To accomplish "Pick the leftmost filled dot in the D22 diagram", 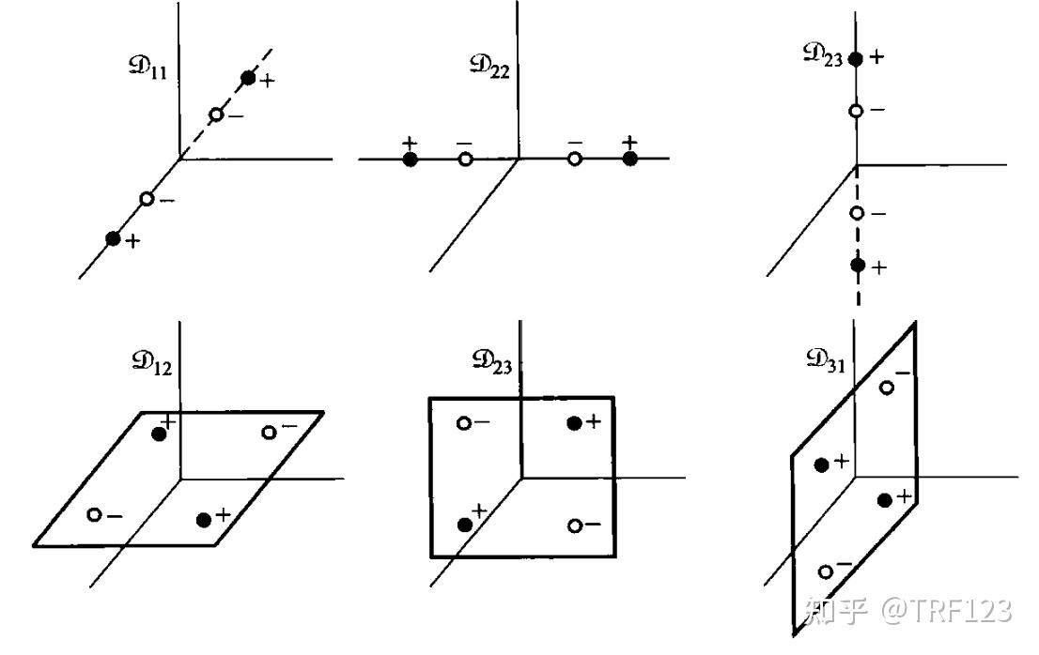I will coord(410,160).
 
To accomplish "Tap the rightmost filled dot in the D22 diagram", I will coord(630,159).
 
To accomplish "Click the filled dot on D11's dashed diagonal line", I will coord(248,78).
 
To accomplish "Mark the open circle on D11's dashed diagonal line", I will coord(215,114).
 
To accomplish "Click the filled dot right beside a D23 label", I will coord(855,59).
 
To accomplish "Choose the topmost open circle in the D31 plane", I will coord(886,387).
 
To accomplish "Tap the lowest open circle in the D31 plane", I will coord(826,571).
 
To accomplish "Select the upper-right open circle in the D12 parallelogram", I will coord(270,432).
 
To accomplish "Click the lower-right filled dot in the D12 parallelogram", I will coord(204,519).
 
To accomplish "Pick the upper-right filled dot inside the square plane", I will coord(574,422).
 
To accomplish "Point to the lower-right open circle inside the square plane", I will coord(575,526).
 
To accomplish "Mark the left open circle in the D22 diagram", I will coord(465,160).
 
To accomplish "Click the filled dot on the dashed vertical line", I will coord(857,266).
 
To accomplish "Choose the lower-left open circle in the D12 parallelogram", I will coord(94,514).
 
